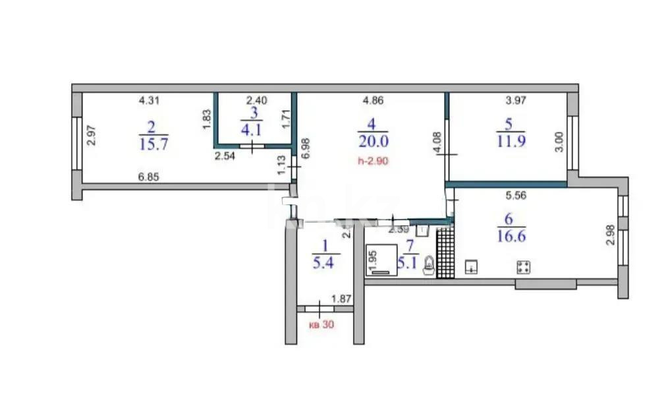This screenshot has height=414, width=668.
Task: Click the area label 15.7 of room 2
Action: pyautogui.click(x=153, y=144)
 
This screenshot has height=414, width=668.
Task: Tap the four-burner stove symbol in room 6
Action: pyautogui.click(x=525, y=267)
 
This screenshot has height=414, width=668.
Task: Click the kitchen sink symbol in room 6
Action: pyautogui.click(x=472, y=267)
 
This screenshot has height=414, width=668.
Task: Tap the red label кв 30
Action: pyautogui.click(x=322, y=324)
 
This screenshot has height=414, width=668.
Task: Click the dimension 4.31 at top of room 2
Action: pyautogui.click(x=149, y=101)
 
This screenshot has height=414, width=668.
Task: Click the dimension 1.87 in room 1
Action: pyautogui.click(x=341, y=299)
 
